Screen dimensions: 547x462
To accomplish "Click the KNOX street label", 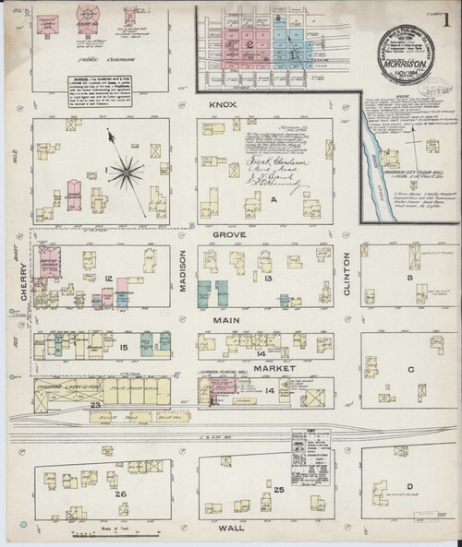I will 224,106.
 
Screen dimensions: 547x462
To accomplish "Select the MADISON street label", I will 184,275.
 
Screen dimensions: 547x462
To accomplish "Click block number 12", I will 108,278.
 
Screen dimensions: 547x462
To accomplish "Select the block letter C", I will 409,369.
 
